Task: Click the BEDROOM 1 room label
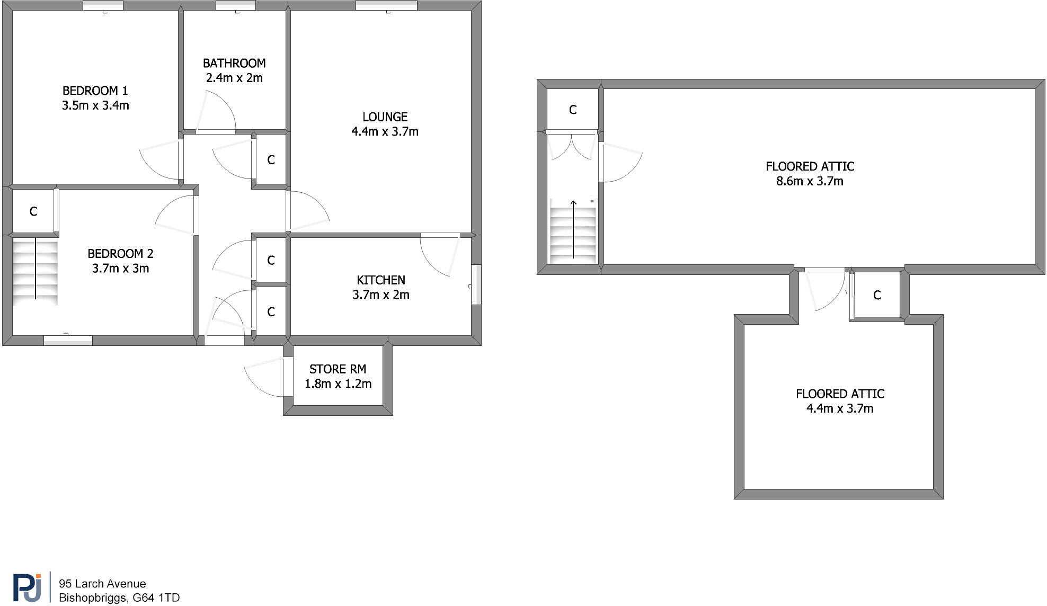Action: point(95,91)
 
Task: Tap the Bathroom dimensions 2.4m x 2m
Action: point(234,78)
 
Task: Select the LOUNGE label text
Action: point(385,117)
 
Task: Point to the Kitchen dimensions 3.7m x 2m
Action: point(380,295)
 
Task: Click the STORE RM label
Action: point(338,369)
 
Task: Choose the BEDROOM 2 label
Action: point(120,254)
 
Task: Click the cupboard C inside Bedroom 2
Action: point(33,212)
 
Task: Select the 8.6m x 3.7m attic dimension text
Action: point(809,181)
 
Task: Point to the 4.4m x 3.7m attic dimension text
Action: point(839,408)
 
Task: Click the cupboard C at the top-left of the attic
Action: point(572,110)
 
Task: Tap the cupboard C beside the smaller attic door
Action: point(876,295)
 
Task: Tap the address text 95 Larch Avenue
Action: point(102,584)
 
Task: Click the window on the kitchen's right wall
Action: point(476,284)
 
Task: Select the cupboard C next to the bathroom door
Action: point(271,160)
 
